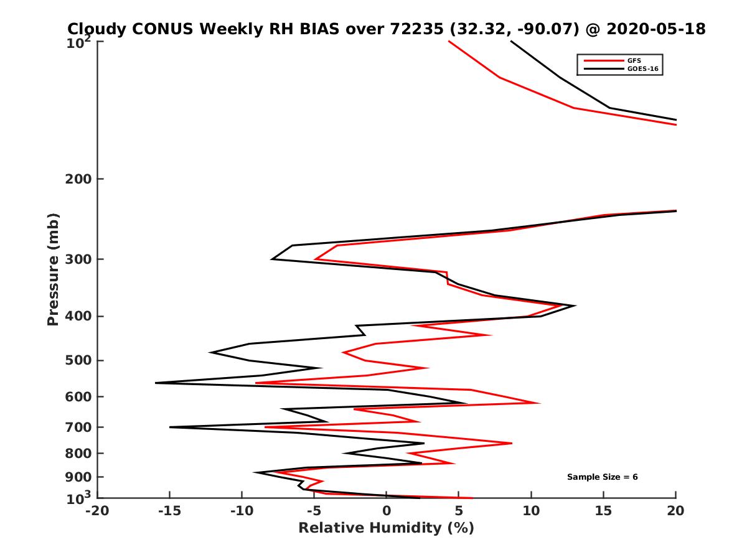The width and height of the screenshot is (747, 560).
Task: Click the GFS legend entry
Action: click(x=634, y=60)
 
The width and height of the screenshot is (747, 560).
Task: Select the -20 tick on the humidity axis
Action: click(x=97, y=511)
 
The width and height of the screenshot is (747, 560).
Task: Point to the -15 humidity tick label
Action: click(x=169, y=511)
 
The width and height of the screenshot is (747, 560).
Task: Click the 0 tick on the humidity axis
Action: click(x=387, y=511)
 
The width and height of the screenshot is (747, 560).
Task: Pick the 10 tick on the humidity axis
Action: click(x=531, y=511)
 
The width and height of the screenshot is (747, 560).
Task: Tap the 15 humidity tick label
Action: click(x=603, y=511)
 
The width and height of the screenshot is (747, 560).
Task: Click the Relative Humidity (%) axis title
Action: click(x=386, y=528)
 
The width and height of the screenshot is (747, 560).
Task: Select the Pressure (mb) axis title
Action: click(x=53, y=269)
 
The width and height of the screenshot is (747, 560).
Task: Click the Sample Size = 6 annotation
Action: click(x=602, y=477)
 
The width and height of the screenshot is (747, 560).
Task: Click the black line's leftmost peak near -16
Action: click(x=156, y=383)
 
